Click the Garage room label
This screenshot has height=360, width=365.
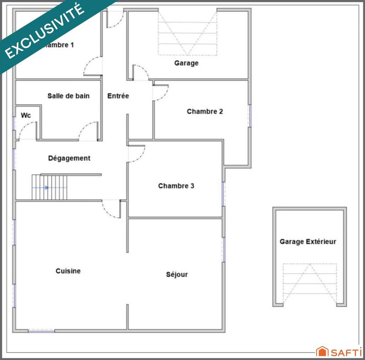click(186, 63)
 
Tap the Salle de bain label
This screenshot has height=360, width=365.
click(68, 96)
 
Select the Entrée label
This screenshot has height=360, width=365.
click(118, 96)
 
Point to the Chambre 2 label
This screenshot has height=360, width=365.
click(205, 111)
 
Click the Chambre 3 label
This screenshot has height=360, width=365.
click(177, 186)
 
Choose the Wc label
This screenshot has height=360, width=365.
click(26, 115)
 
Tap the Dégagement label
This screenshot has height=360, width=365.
click(69, 159)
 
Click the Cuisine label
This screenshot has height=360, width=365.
click(68, 271)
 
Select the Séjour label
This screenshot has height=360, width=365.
click(177, 275)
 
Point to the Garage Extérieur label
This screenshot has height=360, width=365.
click(308, 242)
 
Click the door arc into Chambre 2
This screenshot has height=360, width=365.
click(161, 93)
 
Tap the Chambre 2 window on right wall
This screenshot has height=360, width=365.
click(250, 115)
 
